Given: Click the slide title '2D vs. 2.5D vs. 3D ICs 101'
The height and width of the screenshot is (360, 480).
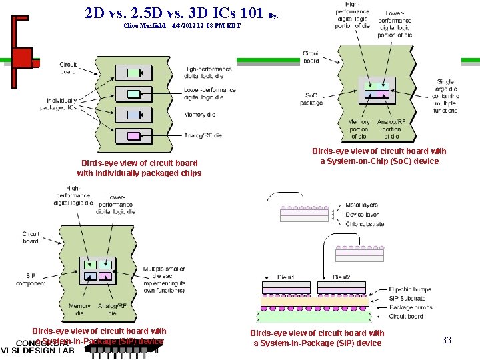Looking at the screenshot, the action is pos(176,13).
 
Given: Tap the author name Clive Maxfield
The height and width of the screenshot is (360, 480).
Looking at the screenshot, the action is pos(144,26).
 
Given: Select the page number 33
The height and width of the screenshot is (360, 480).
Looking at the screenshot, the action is pos(447,340).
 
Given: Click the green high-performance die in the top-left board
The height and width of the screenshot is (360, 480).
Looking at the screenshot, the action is pos(133,72).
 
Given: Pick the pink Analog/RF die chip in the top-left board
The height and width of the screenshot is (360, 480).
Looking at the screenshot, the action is pos(133,136).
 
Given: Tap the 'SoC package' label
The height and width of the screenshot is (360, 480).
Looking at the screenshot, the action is pos(311,99).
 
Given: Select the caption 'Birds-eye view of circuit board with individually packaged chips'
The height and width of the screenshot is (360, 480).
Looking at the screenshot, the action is pos(139,168).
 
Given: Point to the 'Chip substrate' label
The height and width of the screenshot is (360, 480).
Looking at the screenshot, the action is pos(365,224).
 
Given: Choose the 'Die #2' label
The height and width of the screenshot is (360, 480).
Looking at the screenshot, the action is pos(341,277).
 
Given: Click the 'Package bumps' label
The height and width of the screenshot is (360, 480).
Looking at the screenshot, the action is pos(410,307).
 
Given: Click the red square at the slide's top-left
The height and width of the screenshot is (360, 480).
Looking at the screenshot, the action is pos(22,57).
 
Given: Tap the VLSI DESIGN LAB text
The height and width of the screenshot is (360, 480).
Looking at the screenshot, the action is pos(37,351).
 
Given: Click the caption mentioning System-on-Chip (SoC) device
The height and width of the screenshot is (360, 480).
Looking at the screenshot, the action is pos(379,156).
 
